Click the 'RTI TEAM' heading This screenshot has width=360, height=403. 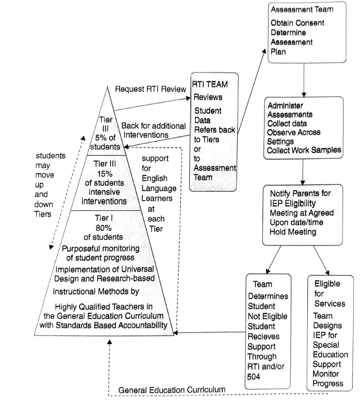[210, 84]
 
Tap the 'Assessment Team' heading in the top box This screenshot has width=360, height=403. [302, 9]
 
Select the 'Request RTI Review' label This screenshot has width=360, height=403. [150, 89]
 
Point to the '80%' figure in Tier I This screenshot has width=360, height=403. [104, 228]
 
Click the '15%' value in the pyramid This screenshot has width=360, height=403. [105, 174]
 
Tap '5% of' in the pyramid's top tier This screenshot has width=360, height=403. [105, 137]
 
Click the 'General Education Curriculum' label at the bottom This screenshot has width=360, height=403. [172, 390]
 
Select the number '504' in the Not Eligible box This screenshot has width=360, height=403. [254, 377]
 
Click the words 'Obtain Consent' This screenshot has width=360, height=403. [297, 23]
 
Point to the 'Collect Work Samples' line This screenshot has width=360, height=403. [304, 150]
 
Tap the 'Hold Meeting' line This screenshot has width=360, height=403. [293, 232]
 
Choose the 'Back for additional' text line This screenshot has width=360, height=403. [153, 126]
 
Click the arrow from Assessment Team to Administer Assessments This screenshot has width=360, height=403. [304, 80]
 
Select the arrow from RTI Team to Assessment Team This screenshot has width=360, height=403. [251, 91]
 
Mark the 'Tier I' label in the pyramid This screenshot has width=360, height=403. [104, 218]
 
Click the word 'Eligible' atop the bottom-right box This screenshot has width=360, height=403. [327, 284]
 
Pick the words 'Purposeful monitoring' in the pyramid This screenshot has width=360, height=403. [101, 249]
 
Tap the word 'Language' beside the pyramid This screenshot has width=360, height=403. [159, 189]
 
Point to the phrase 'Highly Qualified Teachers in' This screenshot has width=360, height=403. [104, 307]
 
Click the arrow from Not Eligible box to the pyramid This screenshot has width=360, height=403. [210, 332]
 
